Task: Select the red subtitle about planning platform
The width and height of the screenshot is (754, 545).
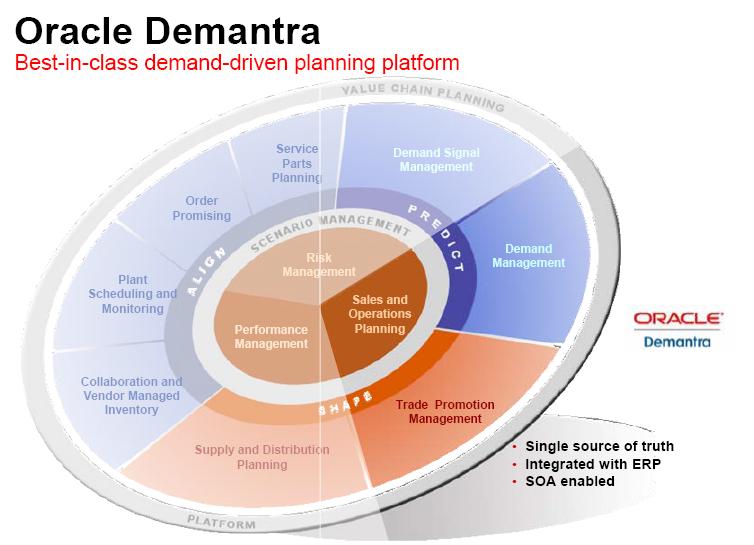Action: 235,63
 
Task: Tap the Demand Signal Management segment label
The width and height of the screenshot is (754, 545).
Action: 436,160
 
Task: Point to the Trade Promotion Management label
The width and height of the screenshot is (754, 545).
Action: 445,411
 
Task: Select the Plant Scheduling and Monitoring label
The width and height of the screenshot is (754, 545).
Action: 133,294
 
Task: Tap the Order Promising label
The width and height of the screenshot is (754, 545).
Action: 201,208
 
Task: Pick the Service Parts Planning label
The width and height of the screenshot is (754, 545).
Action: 297,163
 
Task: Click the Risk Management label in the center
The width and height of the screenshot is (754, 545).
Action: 318,264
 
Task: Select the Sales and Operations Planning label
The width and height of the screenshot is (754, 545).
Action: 380,313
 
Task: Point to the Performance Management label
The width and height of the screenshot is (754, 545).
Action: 271,336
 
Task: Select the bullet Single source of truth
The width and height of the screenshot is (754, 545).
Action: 599,446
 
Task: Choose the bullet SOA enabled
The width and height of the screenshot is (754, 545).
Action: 569,481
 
